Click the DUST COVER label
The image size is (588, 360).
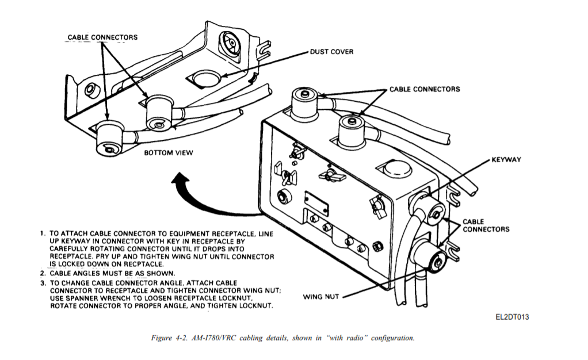tap(331, 52)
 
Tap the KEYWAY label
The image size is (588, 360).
tap(506, 159)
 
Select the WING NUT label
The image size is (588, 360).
tap(321, 297)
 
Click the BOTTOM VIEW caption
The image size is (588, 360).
tap(169, 152)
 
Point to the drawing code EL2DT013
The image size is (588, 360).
tap(512, 317)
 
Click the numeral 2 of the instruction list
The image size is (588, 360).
tap(43, 273)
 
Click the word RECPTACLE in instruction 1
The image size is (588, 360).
tap(144, 264)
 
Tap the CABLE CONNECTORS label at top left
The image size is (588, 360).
tap(102, 37)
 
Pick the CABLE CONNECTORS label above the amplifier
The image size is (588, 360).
tap(425, 89)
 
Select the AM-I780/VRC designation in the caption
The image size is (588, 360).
tap(213, 338)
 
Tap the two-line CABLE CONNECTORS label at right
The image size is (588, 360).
tap(486, 225)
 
